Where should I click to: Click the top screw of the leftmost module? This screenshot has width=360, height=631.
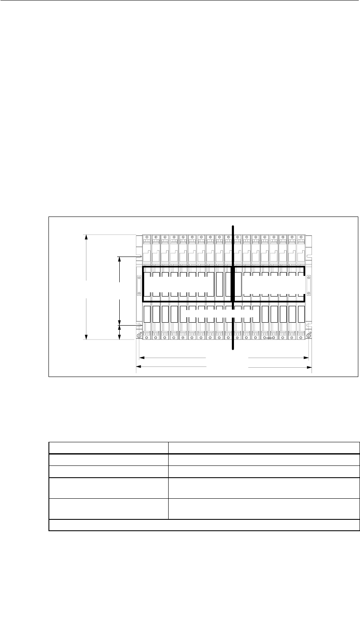coord(147,238)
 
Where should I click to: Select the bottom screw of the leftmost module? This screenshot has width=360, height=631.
coord(147,337)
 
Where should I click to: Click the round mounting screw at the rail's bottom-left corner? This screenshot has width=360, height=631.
coord(139,335)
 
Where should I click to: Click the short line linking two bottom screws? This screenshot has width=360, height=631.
coord(269,337)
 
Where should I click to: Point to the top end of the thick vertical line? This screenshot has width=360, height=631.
coord(233,226)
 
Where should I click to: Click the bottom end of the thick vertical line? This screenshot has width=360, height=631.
coord(233,348)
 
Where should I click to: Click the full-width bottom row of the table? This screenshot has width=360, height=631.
coord(204,525)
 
